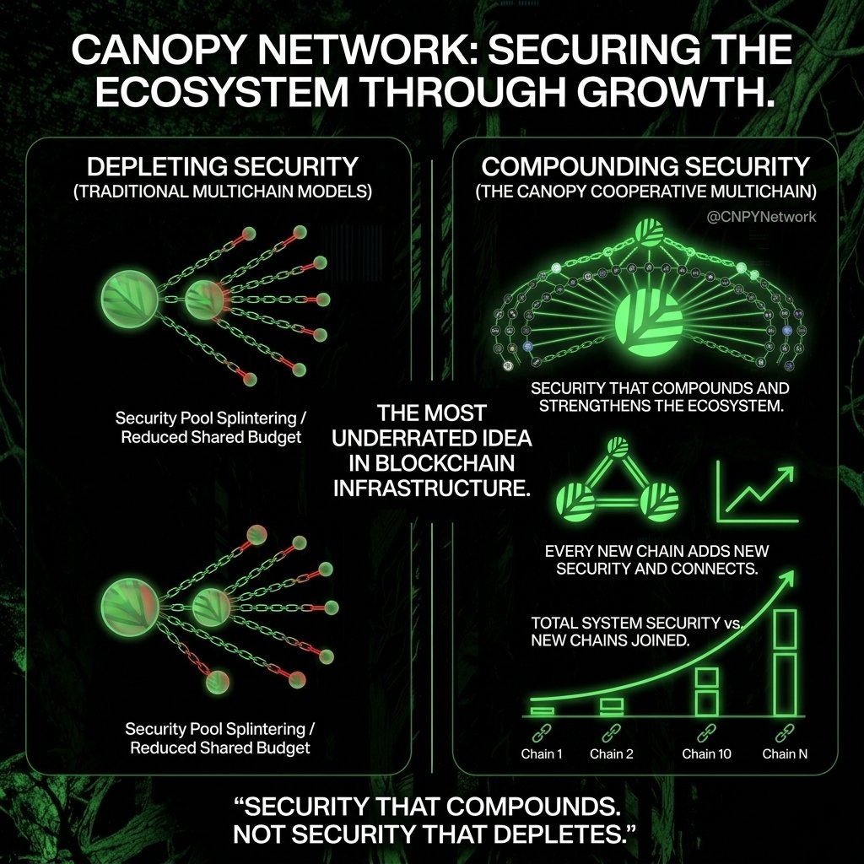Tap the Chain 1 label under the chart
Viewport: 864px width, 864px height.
pos(543,753)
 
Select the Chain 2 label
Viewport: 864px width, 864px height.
pos(612,753)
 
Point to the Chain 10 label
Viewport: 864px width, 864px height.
pos(706,753)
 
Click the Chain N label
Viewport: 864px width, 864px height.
pos(785,753)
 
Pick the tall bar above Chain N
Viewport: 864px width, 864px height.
pos(785,662)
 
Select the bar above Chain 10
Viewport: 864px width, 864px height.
pos(706,691)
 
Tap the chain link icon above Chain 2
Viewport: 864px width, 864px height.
pos(612,732)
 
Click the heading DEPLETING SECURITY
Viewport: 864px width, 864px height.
pos(222,166)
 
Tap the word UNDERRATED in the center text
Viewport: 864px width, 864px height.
pos(432,440)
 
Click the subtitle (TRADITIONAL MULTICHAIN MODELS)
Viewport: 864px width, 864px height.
pos(222,191)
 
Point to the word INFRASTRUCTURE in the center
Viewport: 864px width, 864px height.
pos(432,488)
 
